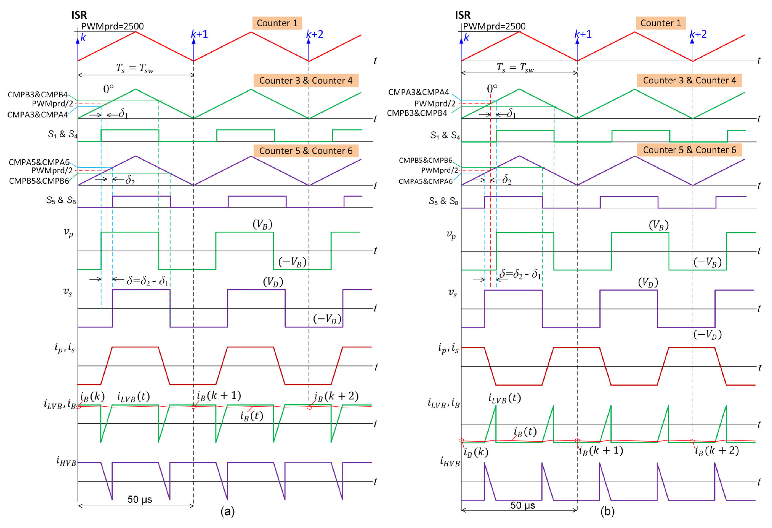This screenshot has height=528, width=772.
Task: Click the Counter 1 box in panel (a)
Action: click(x=277, y=23)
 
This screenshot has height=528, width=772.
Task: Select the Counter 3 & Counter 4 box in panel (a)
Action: click(x=306, y=81)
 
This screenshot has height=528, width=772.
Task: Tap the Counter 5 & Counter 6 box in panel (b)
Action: click(x=689, y=150)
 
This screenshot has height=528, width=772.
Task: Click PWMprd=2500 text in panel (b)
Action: click(x=494, y=26)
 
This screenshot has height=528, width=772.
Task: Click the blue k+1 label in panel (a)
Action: click(x=200, y=34)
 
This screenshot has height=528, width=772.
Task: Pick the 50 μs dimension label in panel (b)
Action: click(x=523, y=505)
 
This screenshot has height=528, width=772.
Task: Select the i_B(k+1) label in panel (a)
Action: click(x=219, y=395)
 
